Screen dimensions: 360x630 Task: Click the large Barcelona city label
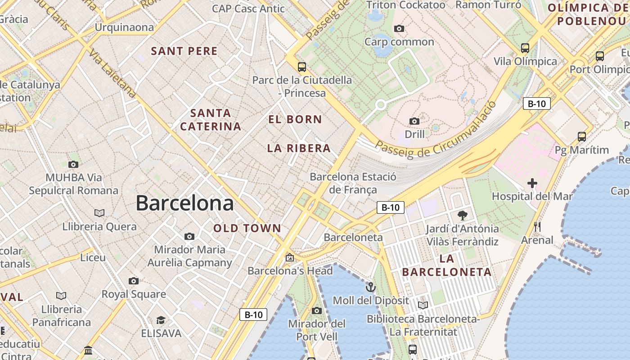[184, 203]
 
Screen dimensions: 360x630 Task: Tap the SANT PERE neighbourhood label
[184, 51]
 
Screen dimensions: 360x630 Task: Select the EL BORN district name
[295, 120]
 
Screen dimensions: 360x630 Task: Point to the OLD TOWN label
[247, 229]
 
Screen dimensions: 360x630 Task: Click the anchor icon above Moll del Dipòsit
[370, 287]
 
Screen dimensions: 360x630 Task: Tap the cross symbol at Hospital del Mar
[532, 183]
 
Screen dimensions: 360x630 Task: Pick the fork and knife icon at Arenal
[537, 227]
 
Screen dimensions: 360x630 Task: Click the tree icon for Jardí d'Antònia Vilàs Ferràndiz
[462, 216]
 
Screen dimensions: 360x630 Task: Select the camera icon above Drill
[414, 121]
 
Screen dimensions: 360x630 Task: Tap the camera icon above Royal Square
[134, 281]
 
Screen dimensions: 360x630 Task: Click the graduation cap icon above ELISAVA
[161, 320]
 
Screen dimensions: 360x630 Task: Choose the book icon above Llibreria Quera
[99, 213]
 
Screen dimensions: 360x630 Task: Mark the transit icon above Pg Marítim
[582, 136]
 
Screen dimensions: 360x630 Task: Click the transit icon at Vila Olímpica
[525, 48]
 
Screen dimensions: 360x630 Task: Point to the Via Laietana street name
[112, 74]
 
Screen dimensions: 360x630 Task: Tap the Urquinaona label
[124, 27]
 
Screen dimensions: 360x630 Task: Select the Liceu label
[93, 258]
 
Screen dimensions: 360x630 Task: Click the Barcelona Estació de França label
[353, 183]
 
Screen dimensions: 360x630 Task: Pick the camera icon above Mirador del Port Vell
[317, 310]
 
